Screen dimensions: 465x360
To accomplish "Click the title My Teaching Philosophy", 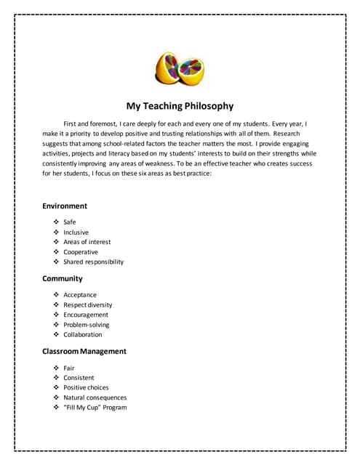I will pyautogui.click(x=180, y=106).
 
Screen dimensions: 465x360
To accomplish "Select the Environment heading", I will pyautogui.click(x=65, y=206).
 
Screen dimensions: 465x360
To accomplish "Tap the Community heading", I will pyautogui.click(x=63, y=279).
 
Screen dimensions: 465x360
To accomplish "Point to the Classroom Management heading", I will pyautogui.click(x=84, y=352).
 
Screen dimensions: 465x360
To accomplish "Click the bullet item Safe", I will pyautogui.click(x=70, y=222).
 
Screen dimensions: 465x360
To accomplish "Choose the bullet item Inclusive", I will pyautogui.click(x=76, y=232).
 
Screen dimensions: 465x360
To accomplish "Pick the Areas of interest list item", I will pyautogui.click(x=87, y=242).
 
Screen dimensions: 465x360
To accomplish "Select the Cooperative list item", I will pyautogui.click(x=81, y=252).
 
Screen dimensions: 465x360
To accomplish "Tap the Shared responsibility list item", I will pyautogui.click(x=94, y=262).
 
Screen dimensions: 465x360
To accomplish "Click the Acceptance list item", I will pyautogui.click(x=80, y=295).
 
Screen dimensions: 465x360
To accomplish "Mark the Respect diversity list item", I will pyautogui.click(x=88, y=305).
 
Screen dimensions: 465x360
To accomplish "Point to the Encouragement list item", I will pyautogui.click(x=86, y=315).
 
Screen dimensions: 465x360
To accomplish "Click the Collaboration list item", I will pyautogui.click(x=83, y=335).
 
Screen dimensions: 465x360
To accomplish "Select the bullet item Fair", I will pyautogui.click(x=69, y=368).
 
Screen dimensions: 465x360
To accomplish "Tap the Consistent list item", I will pyautogui.click(x=79, y=378).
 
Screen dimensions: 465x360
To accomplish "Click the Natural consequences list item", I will pyautogui.click(x=95, y=398).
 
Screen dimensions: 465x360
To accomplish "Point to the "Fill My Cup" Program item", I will pyautogui.click(x=95, y=408).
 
